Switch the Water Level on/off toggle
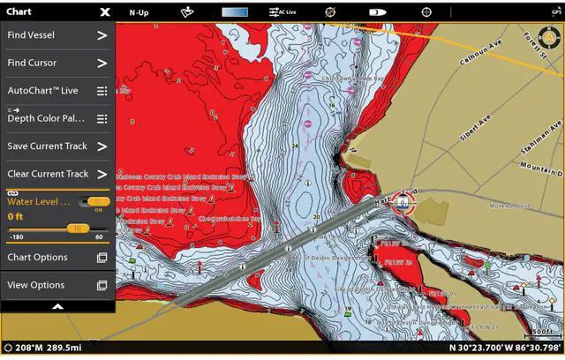point(98,202)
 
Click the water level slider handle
point(79,228)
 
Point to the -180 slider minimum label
point(16,237)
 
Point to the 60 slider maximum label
point(99,237)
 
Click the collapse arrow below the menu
point(57,306)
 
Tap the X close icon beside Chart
point(105,12)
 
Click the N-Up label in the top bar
point(139,12)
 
